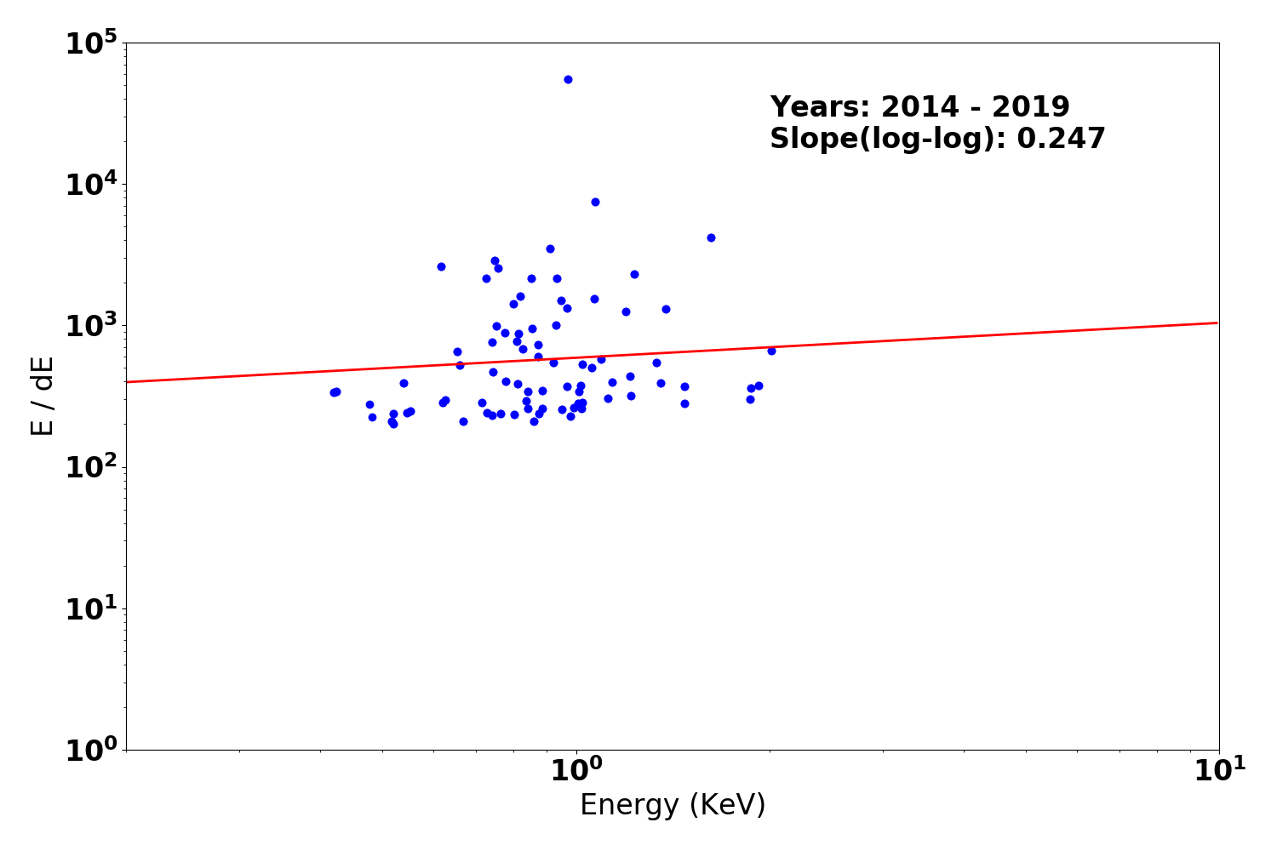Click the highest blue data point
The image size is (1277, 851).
click(x=568, y=79)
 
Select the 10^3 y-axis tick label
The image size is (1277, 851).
click(x=91, y=326)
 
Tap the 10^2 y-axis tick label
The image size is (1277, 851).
click(x=91, y=467)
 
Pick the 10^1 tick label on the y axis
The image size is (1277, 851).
click(x=91, y=608)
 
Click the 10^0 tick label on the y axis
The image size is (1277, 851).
click(x=91, y=750)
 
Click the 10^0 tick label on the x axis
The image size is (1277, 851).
click(x=576, y=771)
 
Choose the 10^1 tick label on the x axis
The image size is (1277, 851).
click(x=1219, y=771)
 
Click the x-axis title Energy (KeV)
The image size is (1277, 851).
click(x=673, y=805)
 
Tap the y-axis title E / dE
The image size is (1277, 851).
click(x=43, y=396)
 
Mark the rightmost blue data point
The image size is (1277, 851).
click(x=771, y=351)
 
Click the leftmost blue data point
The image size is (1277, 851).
click(x=334, y=392)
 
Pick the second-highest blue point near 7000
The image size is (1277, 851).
click(x=595, y=202)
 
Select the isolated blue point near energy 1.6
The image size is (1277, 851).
click(x=711, y=237)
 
